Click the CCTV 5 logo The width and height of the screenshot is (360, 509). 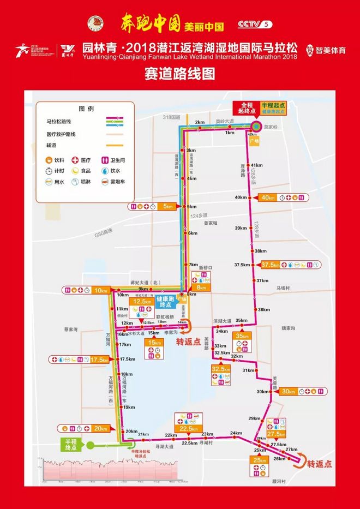(x=254, y=23)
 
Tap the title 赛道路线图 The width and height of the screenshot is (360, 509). (x=180, y=73)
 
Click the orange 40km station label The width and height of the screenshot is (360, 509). (x=271, y=197)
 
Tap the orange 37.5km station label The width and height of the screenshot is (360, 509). (x=271, y=265)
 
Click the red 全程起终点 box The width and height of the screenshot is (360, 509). (x=245, y=107)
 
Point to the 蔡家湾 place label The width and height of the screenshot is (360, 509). (x=71, y=330)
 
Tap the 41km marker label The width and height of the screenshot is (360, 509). (x=257, y=165)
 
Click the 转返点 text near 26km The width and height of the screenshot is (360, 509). (x=319, y=464)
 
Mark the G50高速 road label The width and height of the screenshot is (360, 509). (x=104, y=232)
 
